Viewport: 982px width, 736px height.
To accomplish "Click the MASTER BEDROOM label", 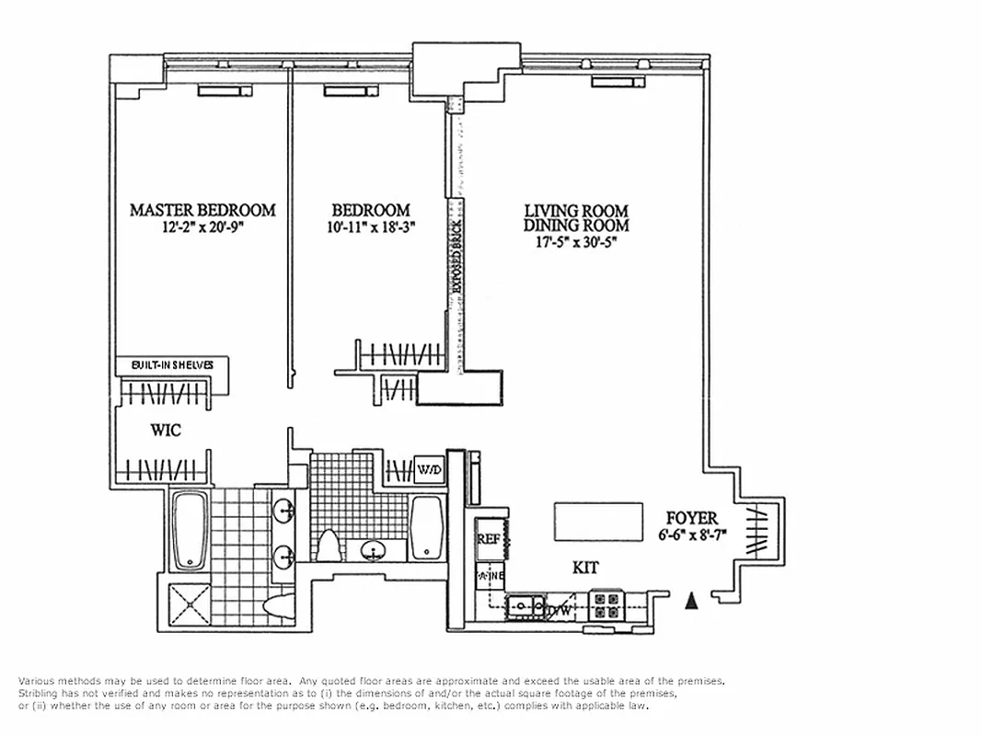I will click(202, 210).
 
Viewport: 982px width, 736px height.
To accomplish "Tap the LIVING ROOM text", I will click(576, 210).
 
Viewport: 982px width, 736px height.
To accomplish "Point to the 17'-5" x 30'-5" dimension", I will click(576, 242).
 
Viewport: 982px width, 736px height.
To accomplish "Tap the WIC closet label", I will click(166, 431).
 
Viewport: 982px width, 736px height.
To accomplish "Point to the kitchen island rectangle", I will click(598, 522).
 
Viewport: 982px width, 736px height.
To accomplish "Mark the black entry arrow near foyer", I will click(692, 602).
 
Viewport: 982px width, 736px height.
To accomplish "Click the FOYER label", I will click(693, 519).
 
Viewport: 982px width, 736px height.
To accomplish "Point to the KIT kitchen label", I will click(585, 569).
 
